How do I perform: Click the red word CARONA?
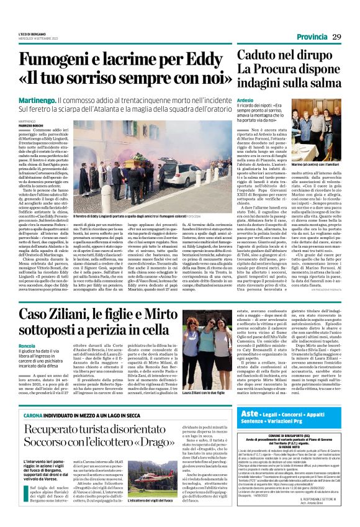click(x=33, y=413)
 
